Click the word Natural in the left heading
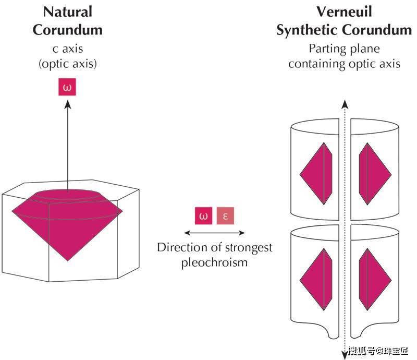[67, 11]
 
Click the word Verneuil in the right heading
[344, 11]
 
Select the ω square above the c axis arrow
[67, 87]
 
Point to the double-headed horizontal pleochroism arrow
[215, 233]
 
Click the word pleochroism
[214, 262]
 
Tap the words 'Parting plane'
[344, 49]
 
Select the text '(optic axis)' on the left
[67, 64]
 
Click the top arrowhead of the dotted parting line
[344, 103]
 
